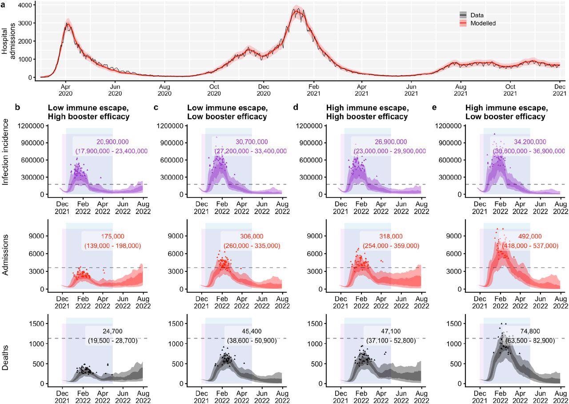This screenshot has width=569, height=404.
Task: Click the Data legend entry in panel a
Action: pos(477,15)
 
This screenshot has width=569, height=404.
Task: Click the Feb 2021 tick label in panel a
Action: pos(313,90)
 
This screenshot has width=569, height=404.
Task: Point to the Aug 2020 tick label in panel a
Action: pos(164,90)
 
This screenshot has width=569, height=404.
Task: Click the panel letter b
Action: pos(17,107)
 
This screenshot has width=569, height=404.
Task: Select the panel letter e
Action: pos(434,107)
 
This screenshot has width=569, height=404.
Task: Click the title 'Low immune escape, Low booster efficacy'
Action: pos(227,112)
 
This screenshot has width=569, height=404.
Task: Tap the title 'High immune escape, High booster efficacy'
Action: pos(367,112)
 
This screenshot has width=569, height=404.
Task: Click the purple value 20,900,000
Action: pos(113,142)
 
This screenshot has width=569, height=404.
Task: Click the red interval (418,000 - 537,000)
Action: pos(530,246)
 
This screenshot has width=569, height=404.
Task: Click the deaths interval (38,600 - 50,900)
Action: pos(252,340)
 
